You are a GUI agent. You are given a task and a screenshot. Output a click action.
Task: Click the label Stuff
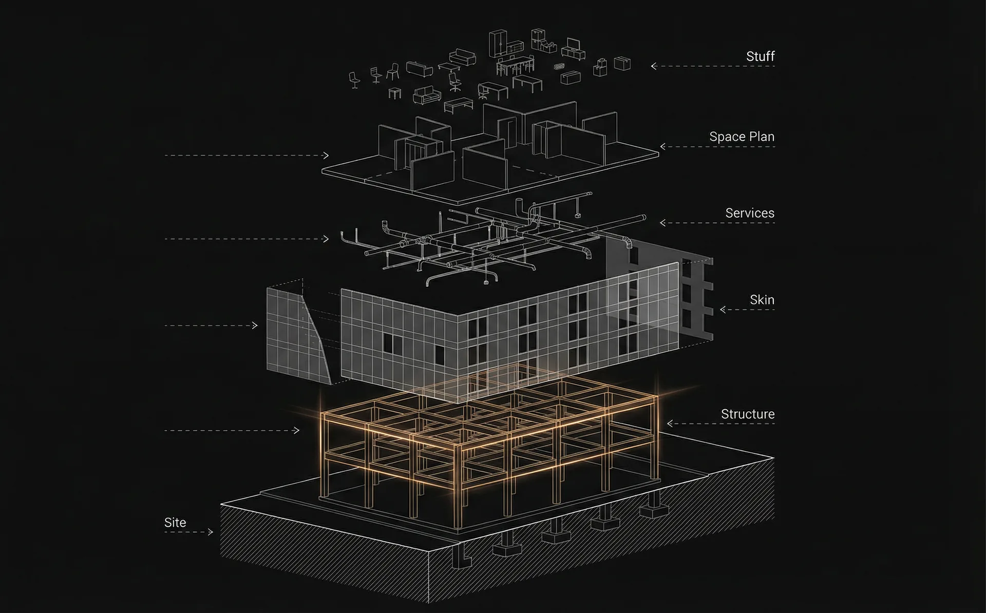(760, 56)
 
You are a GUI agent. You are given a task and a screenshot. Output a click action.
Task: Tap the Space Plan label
(742, 137)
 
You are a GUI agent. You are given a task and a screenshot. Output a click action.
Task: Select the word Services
(750, 213)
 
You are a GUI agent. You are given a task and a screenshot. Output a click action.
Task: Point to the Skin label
(762, 300)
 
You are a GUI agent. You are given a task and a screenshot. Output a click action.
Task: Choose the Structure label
(748, 414)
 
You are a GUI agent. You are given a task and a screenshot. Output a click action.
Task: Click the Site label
(175, 522)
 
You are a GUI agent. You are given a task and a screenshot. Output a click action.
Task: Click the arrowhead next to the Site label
(211, 532)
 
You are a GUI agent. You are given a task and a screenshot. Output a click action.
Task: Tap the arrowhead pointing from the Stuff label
(654, 66)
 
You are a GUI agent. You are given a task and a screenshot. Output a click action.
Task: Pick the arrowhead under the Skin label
(723, 310)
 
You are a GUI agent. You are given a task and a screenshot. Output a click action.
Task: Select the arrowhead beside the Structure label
(670, 424)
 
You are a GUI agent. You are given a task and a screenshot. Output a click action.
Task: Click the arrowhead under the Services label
(662, 223)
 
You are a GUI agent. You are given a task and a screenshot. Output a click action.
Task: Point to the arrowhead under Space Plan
(662, 146)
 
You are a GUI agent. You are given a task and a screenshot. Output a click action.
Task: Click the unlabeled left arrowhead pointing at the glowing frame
(296, 430)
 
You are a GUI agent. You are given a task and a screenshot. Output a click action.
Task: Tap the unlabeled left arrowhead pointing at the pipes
(326, 239)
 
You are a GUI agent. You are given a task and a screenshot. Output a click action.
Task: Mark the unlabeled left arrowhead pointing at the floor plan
(326, 155)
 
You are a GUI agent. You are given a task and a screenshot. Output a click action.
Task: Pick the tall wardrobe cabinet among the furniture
(498, 43)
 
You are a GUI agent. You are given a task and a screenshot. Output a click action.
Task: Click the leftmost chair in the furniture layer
(354, 80)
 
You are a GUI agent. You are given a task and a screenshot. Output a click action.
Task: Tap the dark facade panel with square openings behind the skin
(660, 290)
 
